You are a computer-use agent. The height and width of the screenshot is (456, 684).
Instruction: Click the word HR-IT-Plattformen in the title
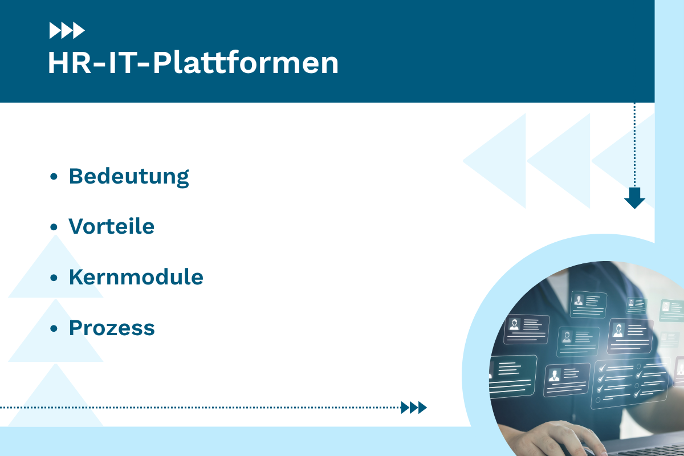[193, 63]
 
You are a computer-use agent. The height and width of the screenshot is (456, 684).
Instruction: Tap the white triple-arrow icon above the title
[67, 30]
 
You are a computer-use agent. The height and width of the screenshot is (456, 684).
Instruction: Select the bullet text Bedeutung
[129, 176]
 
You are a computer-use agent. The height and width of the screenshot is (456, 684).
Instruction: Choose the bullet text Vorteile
[112, 226]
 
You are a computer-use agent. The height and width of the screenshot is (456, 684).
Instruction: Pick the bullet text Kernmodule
[136, 277]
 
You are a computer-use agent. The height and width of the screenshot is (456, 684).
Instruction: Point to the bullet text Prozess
[112, 328]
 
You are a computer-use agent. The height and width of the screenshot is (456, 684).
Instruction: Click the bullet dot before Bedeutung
[54, 177]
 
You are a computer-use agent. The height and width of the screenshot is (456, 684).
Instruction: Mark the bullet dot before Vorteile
[54, 227]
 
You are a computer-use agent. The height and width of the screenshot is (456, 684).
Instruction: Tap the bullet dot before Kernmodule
[54, 278]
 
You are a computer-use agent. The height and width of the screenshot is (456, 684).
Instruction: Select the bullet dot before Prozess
[54, 328]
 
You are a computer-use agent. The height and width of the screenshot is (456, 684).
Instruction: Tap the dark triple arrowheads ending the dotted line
[414, 407]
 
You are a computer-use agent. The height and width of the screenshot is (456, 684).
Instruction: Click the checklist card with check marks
[630, 381]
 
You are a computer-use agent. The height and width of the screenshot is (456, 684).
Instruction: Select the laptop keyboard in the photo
[644, 445]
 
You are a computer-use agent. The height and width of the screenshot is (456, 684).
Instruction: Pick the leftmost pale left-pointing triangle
[493, 161]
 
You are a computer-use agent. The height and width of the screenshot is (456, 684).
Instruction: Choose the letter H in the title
[58, 63]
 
